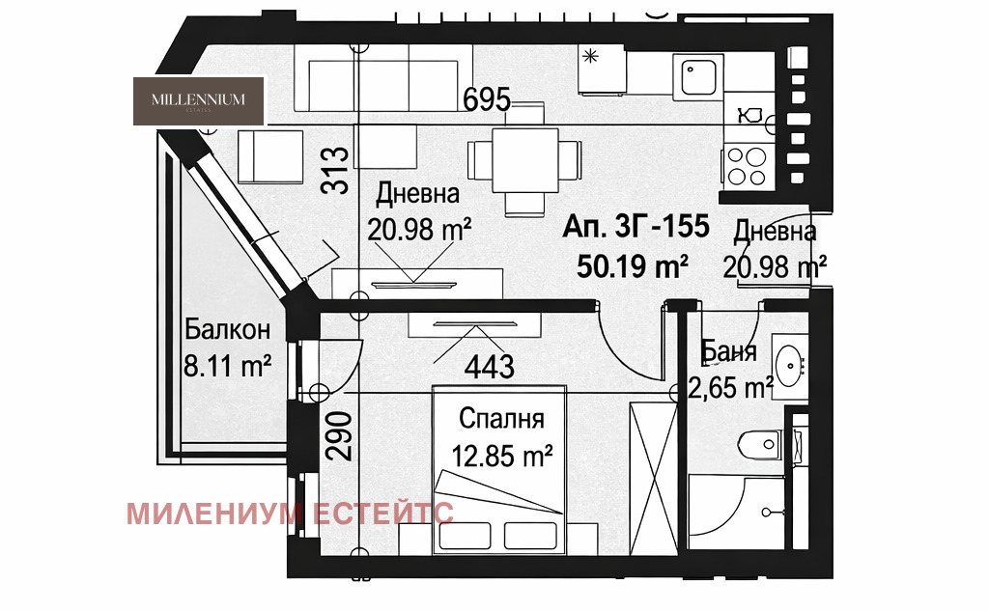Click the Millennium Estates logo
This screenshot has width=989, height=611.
coord(198,100)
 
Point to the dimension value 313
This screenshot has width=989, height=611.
coord(335,170)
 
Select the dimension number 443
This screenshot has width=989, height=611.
coord(489,366)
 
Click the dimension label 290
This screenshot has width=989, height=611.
coord(335,440)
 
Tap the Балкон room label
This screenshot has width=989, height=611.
coord(227,330)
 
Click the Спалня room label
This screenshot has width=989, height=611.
coord(501,420)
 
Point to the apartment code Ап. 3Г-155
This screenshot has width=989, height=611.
coord(636,229)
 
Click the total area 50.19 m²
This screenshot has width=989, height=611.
coord(633,264)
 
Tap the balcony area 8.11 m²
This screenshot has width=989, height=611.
coord(226,366)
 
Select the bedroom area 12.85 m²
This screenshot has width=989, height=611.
coord(501,454)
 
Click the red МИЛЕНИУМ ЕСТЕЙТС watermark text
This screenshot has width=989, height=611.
coord(290,513)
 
